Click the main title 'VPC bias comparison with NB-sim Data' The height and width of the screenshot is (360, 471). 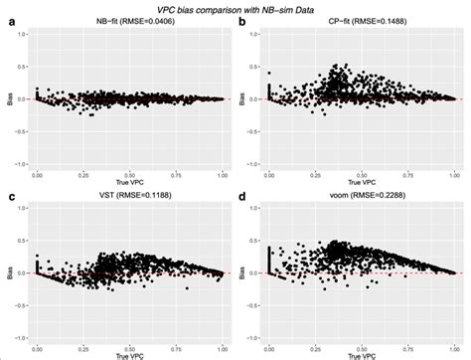(x=235, y=7)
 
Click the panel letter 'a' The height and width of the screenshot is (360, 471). (x=9, y=21)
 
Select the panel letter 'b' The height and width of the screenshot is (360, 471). (x=243, y=21)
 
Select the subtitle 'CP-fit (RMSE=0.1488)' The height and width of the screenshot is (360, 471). (x=363, y=21)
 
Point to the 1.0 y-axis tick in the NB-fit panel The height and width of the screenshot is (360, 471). (x=23, y=35)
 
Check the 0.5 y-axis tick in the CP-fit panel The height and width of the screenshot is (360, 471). (x=256, y=67)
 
